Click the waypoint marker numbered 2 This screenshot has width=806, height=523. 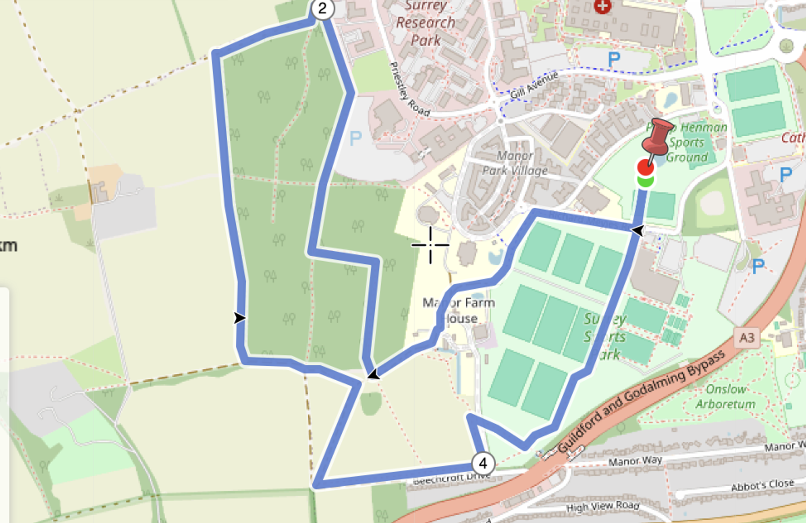coord(322,8)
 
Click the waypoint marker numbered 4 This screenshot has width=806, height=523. coord(483,464)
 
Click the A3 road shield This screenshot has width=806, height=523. coord(746,338)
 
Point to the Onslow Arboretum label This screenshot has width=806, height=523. coord(725,396)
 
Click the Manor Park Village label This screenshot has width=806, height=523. coord(515,163)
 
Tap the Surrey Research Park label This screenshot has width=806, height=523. coord(426,23)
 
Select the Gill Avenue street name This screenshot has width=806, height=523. coord(534,85)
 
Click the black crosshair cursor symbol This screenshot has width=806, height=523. coord(430,245)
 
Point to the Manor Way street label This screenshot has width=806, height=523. coord(635,460)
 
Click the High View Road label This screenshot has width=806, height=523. coord(603,506)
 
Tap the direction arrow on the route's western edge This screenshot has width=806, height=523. coord(240,318)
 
